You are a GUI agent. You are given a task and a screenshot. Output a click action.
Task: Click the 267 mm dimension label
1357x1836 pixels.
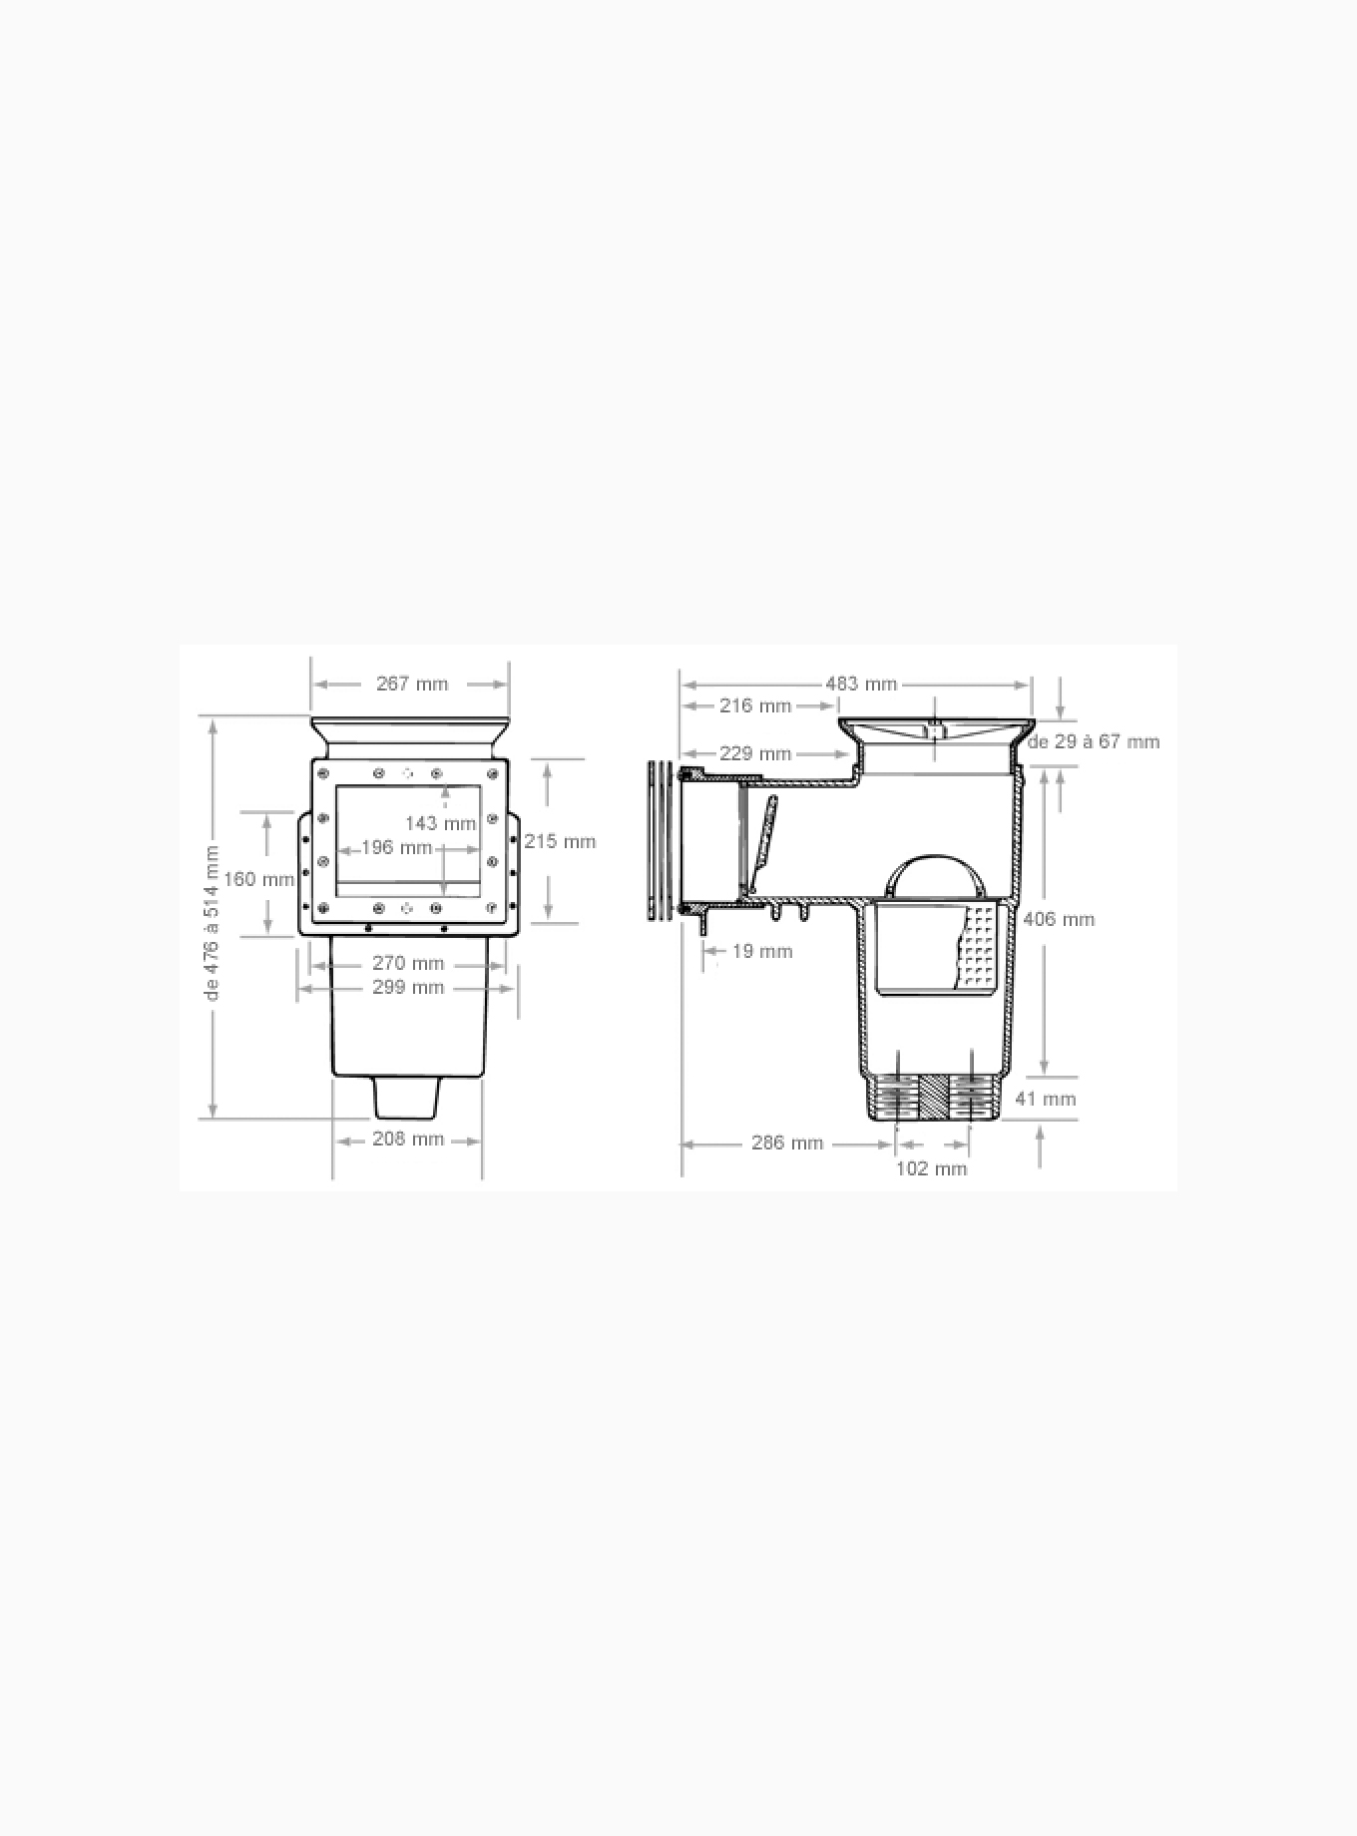click(x=412, y=685)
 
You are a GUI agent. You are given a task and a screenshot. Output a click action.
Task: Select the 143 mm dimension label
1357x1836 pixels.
click(x=440, y=824)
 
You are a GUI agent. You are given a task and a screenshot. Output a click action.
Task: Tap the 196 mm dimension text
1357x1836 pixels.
click(x=396, y=848)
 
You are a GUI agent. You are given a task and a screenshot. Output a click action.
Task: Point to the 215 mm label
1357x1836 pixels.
click(x=560, y=842)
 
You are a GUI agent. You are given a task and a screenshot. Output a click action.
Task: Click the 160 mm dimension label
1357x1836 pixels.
click(x=259, y=880)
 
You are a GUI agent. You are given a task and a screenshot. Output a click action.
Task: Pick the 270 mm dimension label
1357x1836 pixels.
click(x=408, y=964)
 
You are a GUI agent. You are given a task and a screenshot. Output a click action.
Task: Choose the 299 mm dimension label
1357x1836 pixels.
click(x=408, y=988)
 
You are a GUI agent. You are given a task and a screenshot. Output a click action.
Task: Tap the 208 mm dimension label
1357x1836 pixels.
click(x=408, y=1140)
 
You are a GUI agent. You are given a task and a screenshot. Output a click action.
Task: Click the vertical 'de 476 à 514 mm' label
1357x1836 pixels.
click(x=212, y=923)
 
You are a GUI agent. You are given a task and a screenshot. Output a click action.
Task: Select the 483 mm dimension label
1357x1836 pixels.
click(x=861, y=685)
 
